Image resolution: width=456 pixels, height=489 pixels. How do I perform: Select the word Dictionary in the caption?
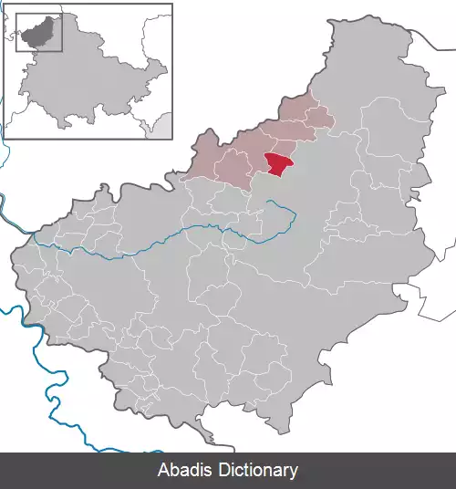coord(257,471)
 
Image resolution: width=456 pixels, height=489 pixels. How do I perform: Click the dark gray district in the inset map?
coord(36,34)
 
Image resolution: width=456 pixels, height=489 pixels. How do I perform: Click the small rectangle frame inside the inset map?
coord(39,32)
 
